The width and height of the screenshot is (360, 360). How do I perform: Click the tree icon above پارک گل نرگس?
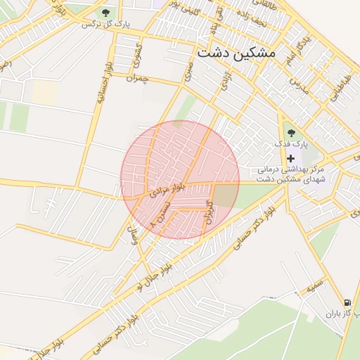click(x=106, y=12)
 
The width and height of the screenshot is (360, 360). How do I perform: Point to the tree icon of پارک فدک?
click(x=291, y=132)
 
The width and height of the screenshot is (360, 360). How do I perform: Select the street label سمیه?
click(x=314, y=287)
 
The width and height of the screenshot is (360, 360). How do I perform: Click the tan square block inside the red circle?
click(x=225, y=195)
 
